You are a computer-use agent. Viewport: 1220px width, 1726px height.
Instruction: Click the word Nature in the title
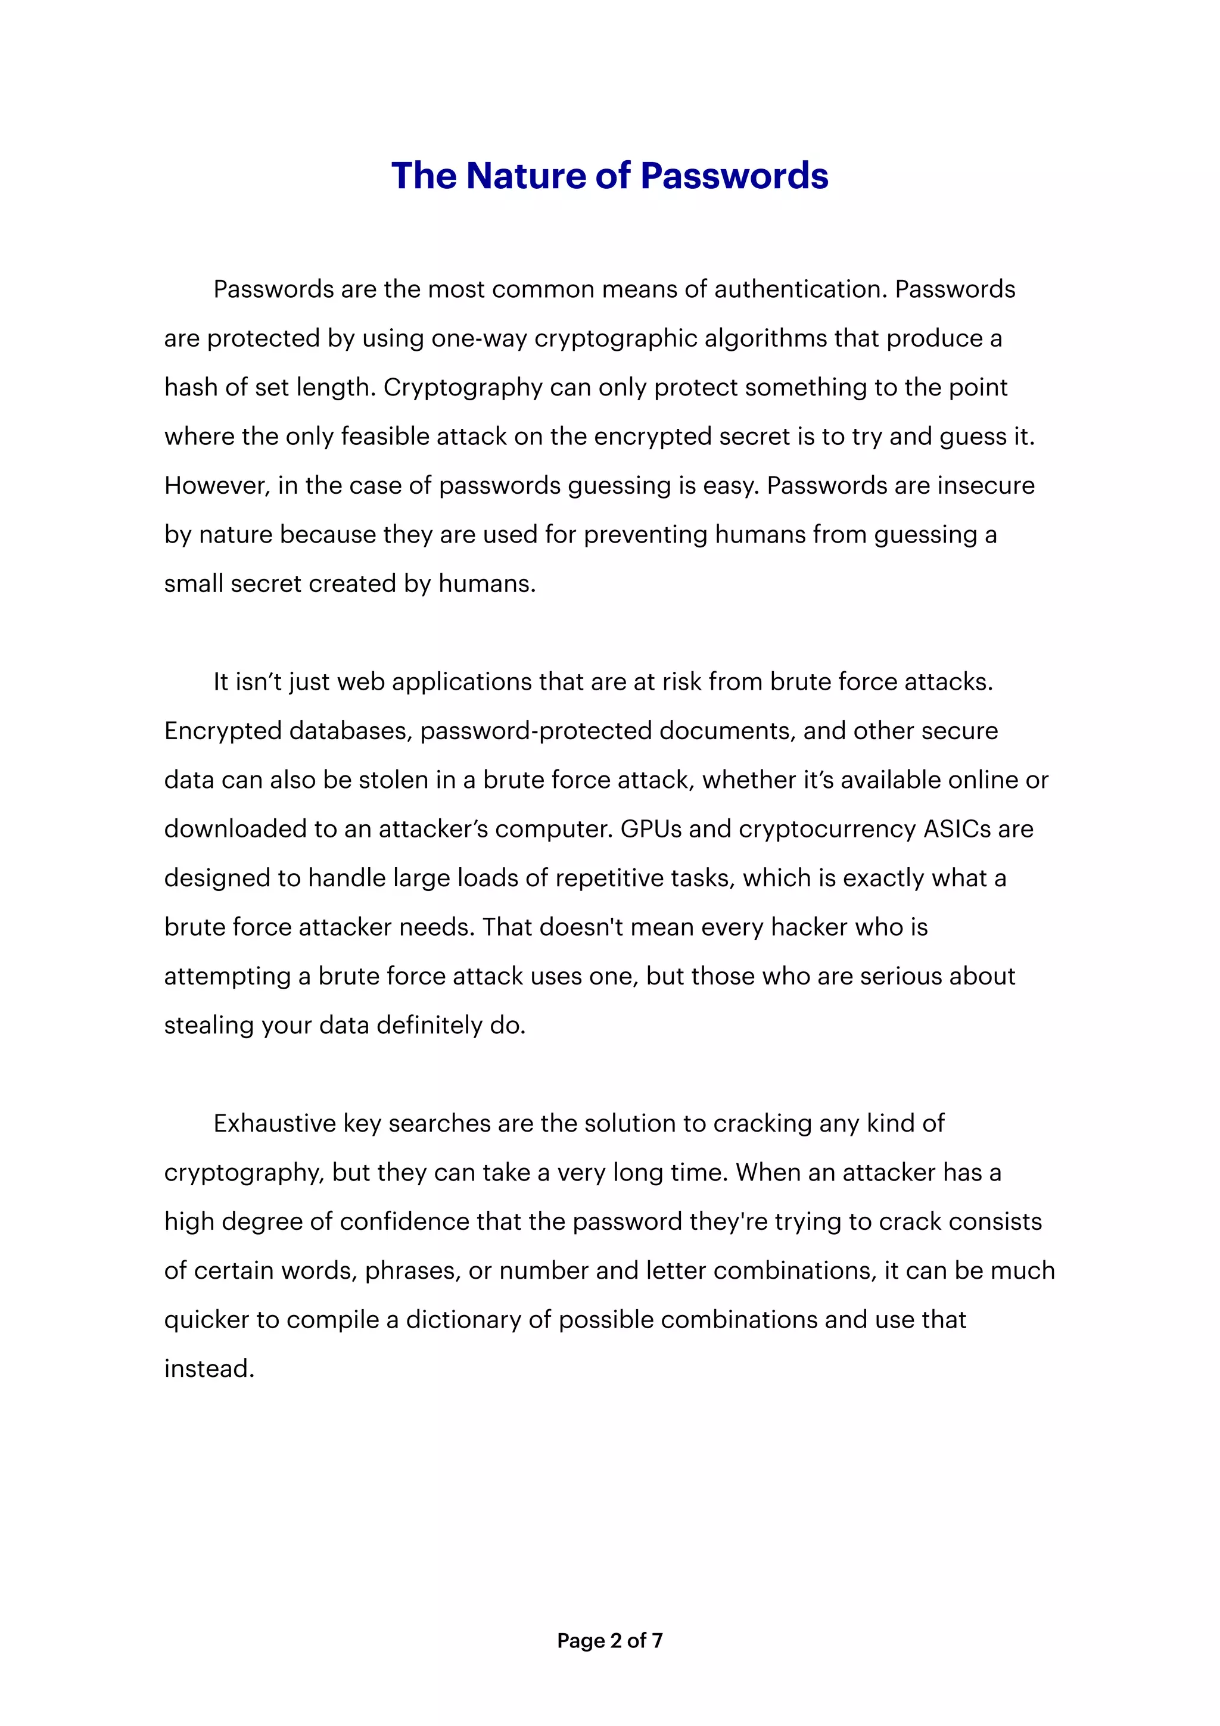[525, 176]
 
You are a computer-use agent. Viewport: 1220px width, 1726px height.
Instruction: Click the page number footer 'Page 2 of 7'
[609, 1640]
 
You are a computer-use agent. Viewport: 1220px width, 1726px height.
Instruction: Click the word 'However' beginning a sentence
[216, 485]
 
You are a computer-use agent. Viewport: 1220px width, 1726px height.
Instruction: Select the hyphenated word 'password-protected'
[535, 731]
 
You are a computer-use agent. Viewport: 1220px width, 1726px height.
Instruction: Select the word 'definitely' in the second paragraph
[430, 1026]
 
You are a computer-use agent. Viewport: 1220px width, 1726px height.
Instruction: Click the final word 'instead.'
[209, 1369]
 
